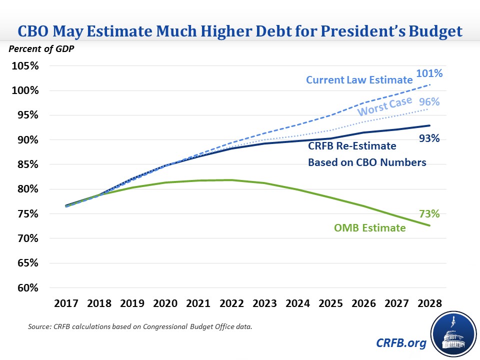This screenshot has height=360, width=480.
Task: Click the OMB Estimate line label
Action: click(369, 228)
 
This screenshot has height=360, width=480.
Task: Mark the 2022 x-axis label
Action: click(231, 303)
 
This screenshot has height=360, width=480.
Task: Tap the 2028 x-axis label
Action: click(429, 303)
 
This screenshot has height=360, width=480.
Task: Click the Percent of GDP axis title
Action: click(36, 50)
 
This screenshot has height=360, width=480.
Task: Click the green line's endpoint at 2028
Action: click(429, 225)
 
